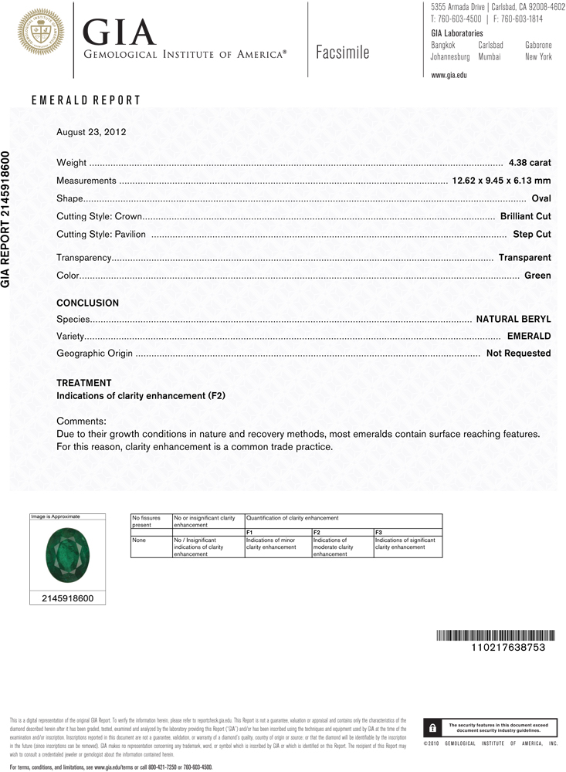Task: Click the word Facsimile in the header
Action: (x=342, y=52)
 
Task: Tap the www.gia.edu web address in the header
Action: (x=449, y=75)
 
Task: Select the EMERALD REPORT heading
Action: (x=86, y=100)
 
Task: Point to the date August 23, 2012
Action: (x=91, y=132)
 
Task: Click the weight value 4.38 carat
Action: (x=530, y=163)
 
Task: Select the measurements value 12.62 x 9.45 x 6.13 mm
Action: (x=500, y=181)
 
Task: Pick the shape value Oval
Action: (x=541, y=198)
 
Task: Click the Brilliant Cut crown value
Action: (x=525, y=216)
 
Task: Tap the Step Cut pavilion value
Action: (x=532, y=234)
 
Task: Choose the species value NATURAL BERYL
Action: (x=513, y=319)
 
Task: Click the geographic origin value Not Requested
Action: (x=518, y=353)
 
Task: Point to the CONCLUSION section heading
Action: (x=87, y=303)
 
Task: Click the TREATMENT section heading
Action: (x=83, y=383)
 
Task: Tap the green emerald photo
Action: (x=65, y=554)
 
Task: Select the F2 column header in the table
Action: (x=317, y=533)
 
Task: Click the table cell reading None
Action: (x=139, y=540)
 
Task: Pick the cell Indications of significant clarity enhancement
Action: (x=405, y=543)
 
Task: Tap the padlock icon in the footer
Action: (x=433, y=728)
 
